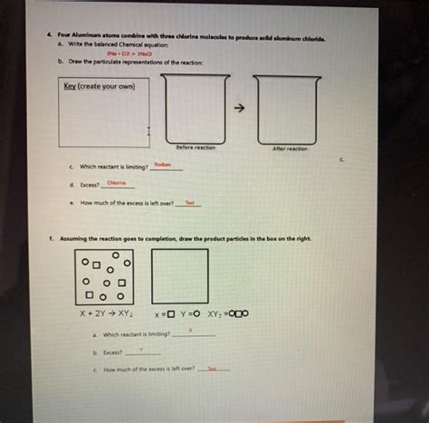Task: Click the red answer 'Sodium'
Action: pyautogui.click(x=162, y=164)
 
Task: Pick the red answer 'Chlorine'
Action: pyautogui.click(x=117, y=183)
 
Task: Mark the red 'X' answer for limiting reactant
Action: pyautogui.click(x=190, y=330)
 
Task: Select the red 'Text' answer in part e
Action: pyautogui.click(x=190, y=202)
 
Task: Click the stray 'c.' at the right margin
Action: pyautogui.click(x=342, y=161)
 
